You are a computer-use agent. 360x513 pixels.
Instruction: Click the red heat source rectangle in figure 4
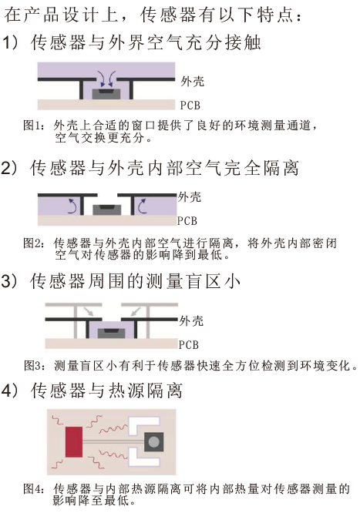[x=74, y=441]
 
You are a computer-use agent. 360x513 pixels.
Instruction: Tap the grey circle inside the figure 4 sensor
[x=153, y=442]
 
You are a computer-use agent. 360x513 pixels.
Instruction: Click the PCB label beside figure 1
[x=190, y=106]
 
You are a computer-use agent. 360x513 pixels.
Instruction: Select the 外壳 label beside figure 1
[x=192, y=81]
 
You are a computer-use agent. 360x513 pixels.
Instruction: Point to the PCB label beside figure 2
[x=187, y=221]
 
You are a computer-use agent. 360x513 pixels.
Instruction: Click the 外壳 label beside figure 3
[x=191, y=320]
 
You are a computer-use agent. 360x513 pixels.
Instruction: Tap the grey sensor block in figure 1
[x=107, y=94]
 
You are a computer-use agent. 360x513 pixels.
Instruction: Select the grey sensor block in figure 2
[x=107, y=210]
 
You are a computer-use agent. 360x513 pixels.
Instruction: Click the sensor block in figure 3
[x=111, y=334]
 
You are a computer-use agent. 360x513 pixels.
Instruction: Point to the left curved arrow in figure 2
[x=73, y=206]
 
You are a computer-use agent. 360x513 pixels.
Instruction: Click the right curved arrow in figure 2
[x=142, y=206]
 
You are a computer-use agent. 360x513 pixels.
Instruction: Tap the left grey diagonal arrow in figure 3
[x=89, y=311]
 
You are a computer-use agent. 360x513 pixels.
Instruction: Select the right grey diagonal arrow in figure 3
[x=136, y=311]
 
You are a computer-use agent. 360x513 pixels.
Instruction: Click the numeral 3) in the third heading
[x=8, y=280]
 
